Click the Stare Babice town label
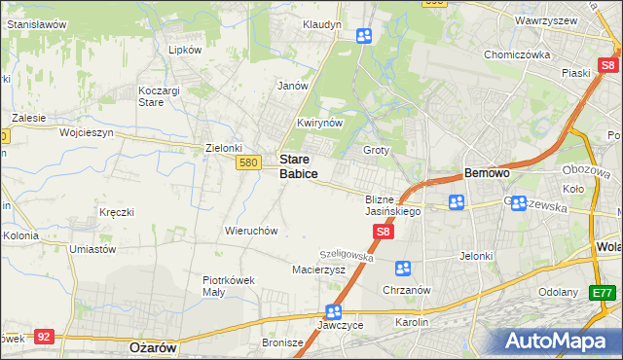tap(298, 165)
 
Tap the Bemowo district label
tap(487, 172)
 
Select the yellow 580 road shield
tap(247, 163)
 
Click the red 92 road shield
tap(43, 336)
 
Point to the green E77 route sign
tap(603, 292)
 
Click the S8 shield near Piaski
tap(608, 65)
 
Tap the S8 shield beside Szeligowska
tap(384, 232)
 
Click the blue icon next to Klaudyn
tap(363, 37)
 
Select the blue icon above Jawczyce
tap(333, 312)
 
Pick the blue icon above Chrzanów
tap(402, 268)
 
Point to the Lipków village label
tap(185, 49)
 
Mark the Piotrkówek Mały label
tap(228, 285)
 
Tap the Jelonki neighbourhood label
tap(477, 256)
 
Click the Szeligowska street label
tap(348, 254)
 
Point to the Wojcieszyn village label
tap(87, 131)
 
